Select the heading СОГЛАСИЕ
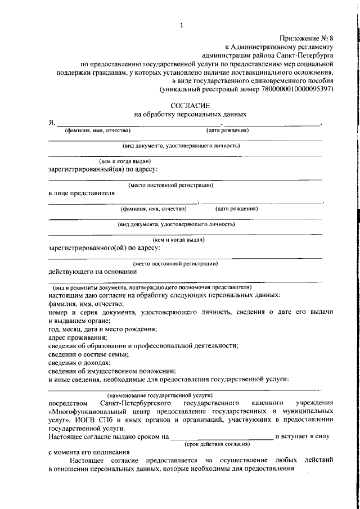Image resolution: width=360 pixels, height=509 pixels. point(190,105)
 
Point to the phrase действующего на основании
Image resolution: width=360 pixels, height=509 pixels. point(93,271)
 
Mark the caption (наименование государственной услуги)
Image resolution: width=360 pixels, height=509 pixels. point(160,395)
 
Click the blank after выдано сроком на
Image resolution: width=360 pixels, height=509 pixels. point(221,436)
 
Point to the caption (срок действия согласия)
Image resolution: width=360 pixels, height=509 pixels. point(216,444)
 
